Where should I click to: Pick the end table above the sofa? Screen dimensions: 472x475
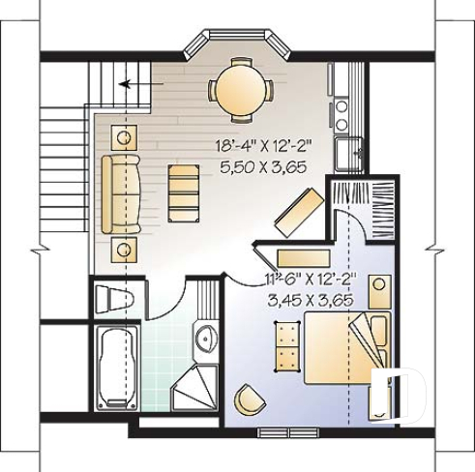point(123,135)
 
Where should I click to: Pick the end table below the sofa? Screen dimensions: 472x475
point(124,249)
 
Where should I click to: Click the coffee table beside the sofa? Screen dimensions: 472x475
point(181,192)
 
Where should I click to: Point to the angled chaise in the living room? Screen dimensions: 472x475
point(298,211)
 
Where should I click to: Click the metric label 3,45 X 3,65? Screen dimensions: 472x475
point(310,299)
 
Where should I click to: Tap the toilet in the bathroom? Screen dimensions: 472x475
point(115,298)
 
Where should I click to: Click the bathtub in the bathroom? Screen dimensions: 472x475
point(116,367)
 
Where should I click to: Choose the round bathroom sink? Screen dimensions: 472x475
point(205,339)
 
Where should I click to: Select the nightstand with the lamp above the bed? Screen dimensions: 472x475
point(380,286)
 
